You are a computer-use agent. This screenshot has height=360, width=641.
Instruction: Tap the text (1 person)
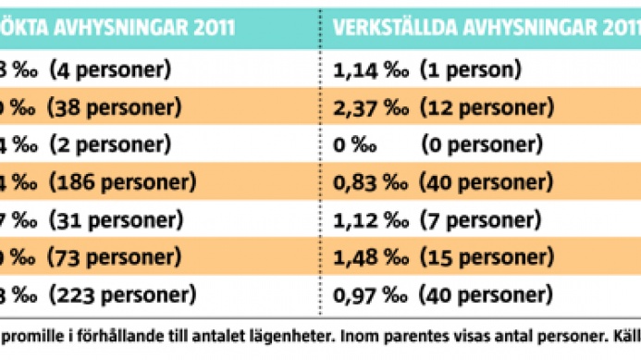(469, 69)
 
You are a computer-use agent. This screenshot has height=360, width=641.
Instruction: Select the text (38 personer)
(113, 106)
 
